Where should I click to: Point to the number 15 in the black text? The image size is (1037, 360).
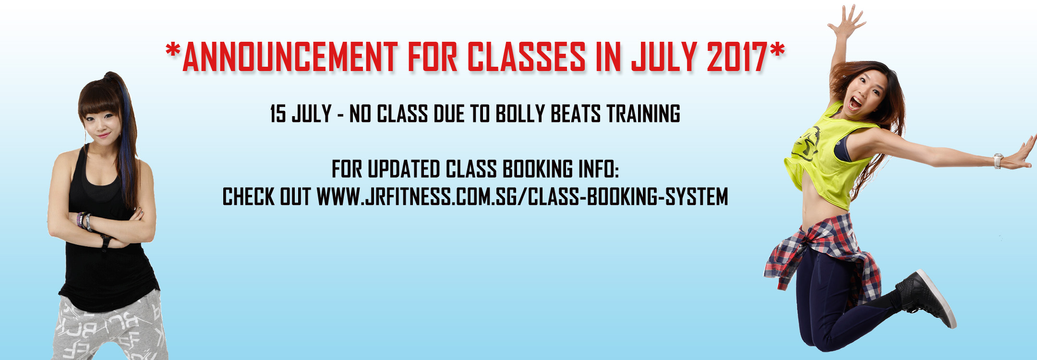278,114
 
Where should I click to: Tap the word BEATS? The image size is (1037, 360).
575,114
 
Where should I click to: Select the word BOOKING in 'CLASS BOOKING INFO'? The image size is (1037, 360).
538,169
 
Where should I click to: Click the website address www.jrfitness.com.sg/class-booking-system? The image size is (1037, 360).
522,197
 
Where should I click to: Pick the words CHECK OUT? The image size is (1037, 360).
266,197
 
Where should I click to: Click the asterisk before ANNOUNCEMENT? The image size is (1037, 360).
173,49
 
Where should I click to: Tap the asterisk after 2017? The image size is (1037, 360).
778,49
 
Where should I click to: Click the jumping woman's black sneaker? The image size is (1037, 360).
927,299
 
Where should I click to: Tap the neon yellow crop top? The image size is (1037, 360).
828,158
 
